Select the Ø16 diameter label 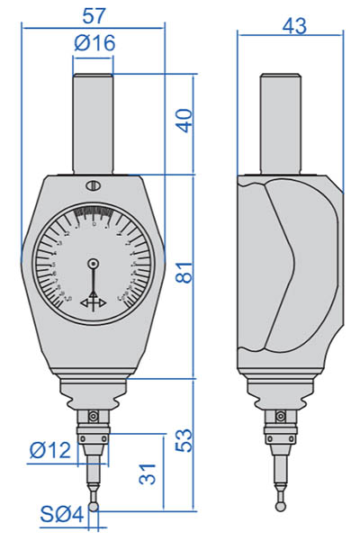tap(94, 43)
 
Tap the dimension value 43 tap(291, 26)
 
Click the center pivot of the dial tap(94, 263)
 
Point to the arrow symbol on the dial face tap(94, 303)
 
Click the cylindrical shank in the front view tap(94, 122)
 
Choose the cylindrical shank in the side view tap(280, 122)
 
